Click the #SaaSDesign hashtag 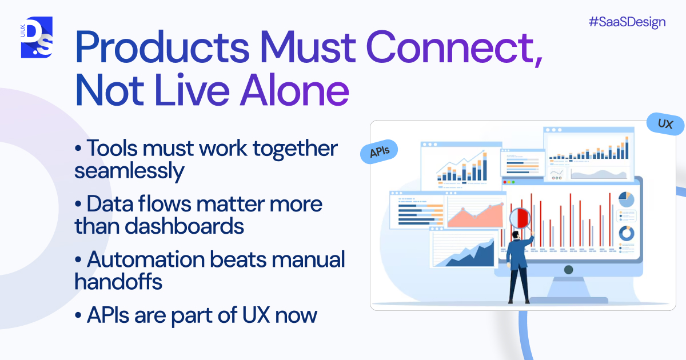coord(627,22)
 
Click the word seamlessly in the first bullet coord(130,171)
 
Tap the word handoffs coord(118,281)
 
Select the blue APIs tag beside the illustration coord(379,151)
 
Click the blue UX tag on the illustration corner coord(665,124)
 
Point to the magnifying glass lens coord(520,218)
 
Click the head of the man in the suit coord(515,235)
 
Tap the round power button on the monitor coord(568,269)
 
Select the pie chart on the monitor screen coord(627,199)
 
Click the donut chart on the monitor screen coord(627,233)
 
